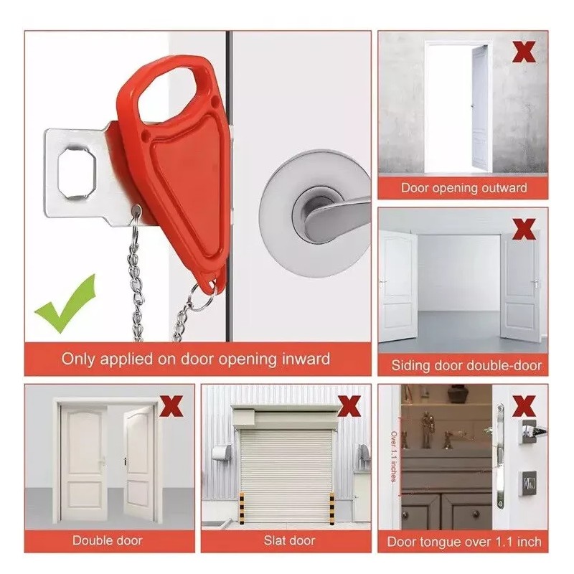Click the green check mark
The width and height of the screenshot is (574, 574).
(x=65, y=305)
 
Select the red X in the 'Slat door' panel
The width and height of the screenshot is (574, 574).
(x=349, y=405)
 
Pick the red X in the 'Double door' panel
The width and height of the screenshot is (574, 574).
(x=171, y=405)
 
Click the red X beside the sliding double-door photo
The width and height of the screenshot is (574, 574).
(x=525, y=229)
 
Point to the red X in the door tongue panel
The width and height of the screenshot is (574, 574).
(x=525, y=405)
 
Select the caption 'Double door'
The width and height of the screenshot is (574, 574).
(x=108, y=540)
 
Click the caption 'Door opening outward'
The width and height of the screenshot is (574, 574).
(x=464, y=188)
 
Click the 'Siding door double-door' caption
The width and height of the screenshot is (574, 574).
(x=466, y=365)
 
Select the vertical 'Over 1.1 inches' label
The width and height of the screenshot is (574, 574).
(x=394, y=456)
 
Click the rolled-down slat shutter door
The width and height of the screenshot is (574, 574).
(x=286, y=463)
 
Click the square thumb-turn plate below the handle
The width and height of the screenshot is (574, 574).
(x=529, y=483)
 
